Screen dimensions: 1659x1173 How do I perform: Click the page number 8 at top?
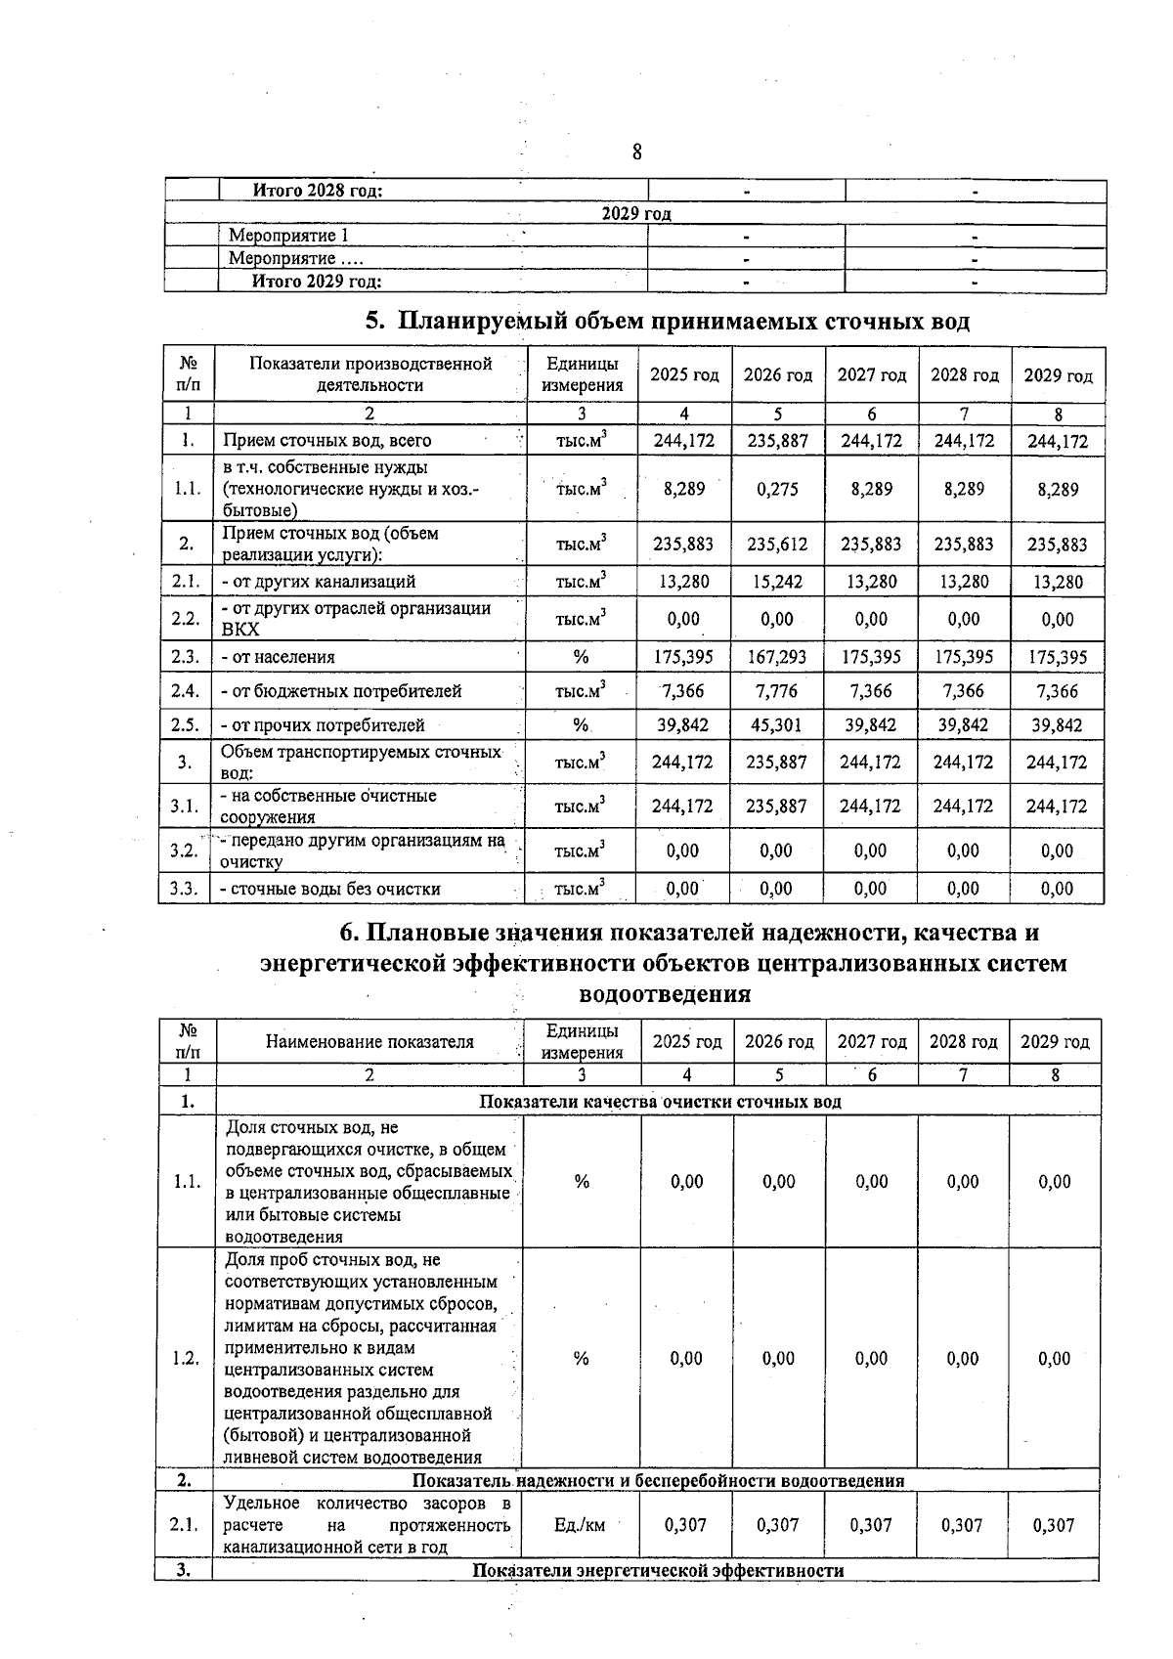tap(636, 152)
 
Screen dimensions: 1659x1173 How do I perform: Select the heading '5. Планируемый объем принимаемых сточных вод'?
tap(667, 322)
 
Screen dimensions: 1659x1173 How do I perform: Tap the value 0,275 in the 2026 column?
tap(777, 489)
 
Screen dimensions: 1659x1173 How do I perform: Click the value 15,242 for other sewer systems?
tap(777, 582)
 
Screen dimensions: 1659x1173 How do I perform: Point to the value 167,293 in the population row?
tap(777, 657)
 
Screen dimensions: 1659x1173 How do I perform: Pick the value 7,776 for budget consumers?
tap(777, 691)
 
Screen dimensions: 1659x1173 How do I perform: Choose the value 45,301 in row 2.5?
tap(777, 725)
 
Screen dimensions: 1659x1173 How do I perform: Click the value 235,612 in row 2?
tap(777, 545)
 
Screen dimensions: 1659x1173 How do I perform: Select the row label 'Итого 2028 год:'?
tap(317, 191)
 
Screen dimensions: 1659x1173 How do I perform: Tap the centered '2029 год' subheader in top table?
tap(636, 214)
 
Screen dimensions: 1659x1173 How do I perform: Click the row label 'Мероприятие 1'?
tap(288, 236)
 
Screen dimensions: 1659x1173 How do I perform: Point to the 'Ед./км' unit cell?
tap(581, 1525)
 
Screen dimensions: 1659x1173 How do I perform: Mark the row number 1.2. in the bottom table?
tap(186, 1358)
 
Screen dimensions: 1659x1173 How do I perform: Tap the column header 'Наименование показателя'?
tap(369, 1042)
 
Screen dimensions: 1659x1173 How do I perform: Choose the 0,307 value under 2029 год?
tap(1054, 1525)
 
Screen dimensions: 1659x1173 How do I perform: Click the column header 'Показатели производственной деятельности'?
tap(369, 374)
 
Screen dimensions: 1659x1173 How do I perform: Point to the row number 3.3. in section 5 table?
tap(185, 889)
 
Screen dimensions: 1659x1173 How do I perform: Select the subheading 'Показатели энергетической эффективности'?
tap(658, 1570)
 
